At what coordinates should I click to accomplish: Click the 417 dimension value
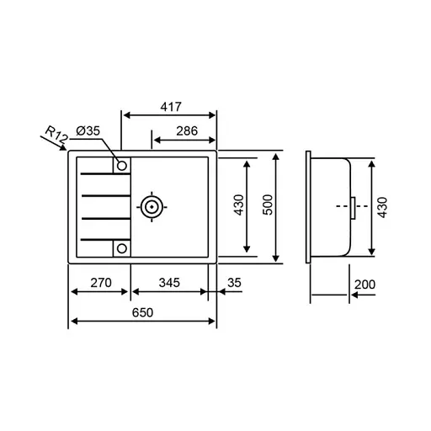[170, 108]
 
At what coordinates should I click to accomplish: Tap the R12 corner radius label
[56, 134]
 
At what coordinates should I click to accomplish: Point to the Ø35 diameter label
[88, 130]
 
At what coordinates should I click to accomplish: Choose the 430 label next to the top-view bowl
[238, 206]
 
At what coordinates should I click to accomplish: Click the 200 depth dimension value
[364, 285]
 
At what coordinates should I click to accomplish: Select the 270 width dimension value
[100, 283]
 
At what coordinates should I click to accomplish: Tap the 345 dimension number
[168, 283]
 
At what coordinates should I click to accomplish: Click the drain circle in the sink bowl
[152, 206]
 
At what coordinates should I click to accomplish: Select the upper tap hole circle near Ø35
[122, 165]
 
